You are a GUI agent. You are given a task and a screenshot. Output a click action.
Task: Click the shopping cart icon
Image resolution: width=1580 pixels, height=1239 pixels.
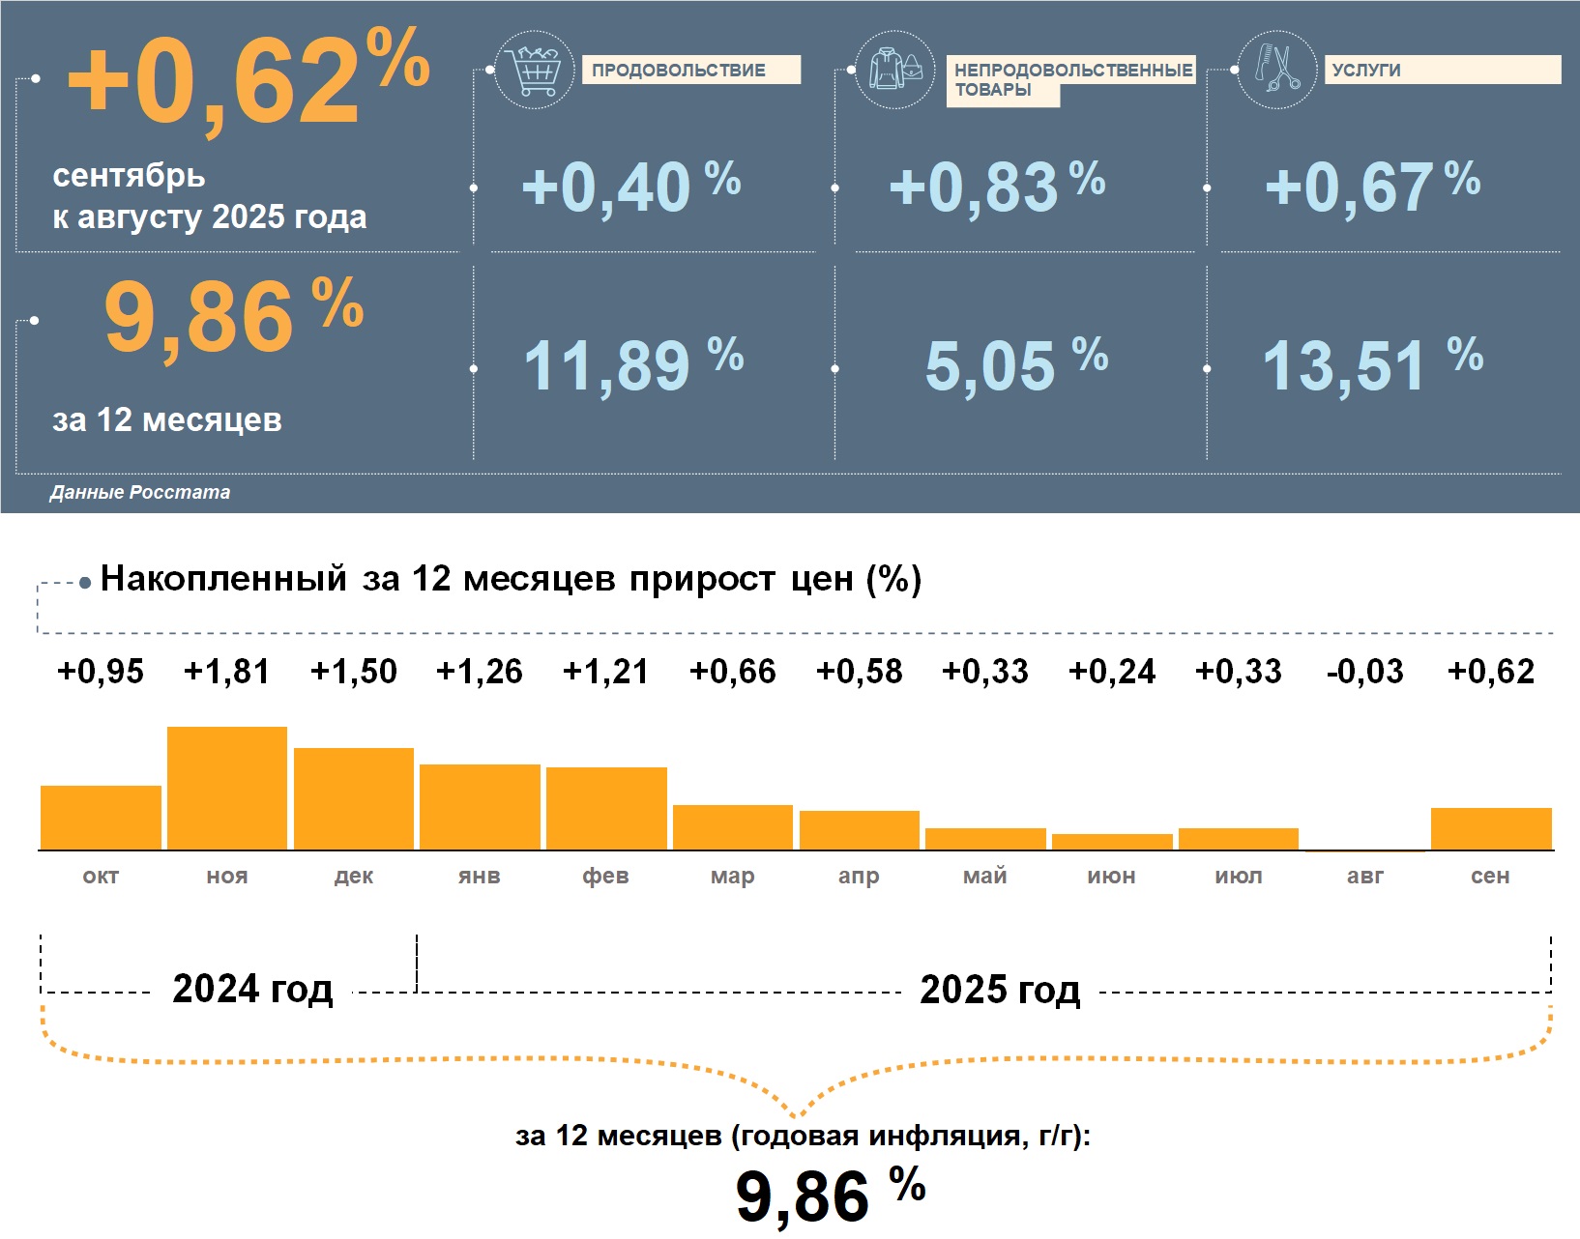pyautogui.click(x=534, y=70)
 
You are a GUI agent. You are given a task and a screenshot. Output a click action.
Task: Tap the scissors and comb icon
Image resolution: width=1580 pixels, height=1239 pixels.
pyautogui.click(x=1276, y=70)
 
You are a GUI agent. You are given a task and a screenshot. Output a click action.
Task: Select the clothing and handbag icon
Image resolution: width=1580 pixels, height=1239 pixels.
pyautogui.click(x=895, y=70)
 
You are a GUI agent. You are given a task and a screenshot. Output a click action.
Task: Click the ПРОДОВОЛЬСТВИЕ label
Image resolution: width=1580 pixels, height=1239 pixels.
pyautogui.click(x=679, y=71)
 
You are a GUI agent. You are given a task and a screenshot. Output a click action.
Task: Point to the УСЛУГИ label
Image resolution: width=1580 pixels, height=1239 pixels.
pyautogui.click(x=1365, y=71)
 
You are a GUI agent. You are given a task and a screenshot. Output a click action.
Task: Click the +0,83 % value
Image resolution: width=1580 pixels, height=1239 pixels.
pyautogui.click(x=996, y=186)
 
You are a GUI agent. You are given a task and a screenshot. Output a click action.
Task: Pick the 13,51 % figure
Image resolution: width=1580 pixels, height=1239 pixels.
pyautogui.click(x=1371, y=365)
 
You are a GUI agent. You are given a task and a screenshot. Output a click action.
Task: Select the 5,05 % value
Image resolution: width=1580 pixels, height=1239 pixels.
pyautogui.click(x=1015, y=365)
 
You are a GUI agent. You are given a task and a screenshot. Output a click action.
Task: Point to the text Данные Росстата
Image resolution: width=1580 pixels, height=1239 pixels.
pyautogui.click(x=140, y=492)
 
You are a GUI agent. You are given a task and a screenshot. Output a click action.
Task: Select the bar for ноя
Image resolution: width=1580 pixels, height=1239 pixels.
pyautogui.click(x=227, y=788)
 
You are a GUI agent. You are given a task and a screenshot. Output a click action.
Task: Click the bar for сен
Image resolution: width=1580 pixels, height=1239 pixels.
pyautogui.click(x=1491, y=829)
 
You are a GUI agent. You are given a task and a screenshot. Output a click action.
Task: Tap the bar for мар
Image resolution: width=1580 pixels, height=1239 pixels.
pyautogui.click(x=733, y=827)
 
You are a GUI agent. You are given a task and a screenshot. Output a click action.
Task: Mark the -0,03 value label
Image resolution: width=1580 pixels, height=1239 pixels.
pyautogui.click(x=1364, y=671)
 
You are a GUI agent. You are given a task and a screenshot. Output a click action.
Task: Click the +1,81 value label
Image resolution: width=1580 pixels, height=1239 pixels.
pyautogui.click(x=227, y=671)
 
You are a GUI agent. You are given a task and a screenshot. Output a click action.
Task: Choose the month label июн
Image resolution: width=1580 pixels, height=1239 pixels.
pyautogui.click(x=1112, y=876)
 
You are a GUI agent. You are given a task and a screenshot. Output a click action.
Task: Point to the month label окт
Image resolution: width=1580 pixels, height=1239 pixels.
pyautogui.click(x=101, y=876)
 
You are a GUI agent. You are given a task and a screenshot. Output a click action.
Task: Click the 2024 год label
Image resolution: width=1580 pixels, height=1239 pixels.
pyautogui.click(x=252, y=989)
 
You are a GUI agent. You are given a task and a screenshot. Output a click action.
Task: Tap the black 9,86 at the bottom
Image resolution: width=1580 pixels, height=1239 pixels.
pyautogui.click(x=803, y=1196)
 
